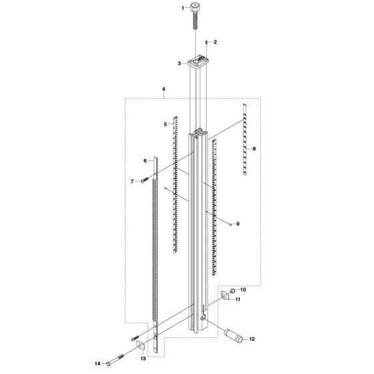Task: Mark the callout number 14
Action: (x=98, y=364)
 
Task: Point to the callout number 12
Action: (x=252, y=339)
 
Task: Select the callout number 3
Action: (x=180, y=63)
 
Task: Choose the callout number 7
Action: (x=133, y=181)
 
